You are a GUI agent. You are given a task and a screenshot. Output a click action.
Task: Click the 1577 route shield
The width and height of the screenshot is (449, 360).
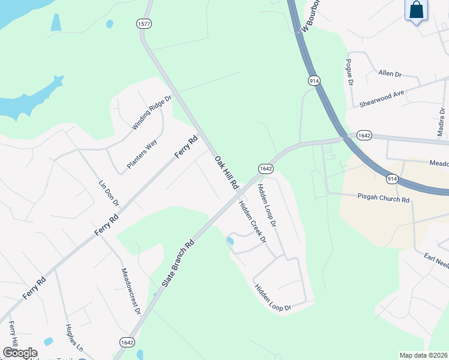click(143, 24)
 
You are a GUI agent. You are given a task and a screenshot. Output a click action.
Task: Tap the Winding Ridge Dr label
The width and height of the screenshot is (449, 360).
click(152, 112)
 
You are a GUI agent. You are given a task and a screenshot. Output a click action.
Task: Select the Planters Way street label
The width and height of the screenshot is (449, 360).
click(142, 154)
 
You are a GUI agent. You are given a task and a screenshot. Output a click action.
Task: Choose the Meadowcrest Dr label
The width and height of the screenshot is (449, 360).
click(130, 292)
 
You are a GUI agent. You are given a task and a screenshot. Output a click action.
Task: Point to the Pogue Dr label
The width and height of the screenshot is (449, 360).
click(348, 73)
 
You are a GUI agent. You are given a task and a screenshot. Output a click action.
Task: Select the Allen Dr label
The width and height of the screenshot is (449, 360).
click(390, 73)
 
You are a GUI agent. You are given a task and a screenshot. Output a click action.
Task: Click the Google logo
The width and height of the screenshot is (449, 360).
click(20, 353)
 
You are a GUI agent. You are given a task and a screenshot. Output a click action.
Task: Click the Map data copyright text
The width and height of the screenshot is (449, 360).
click(423, 355)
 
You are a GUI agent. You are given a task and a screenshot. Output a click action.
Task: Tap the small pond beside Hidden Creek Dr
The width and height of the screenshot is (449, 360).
click(229, 241)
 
